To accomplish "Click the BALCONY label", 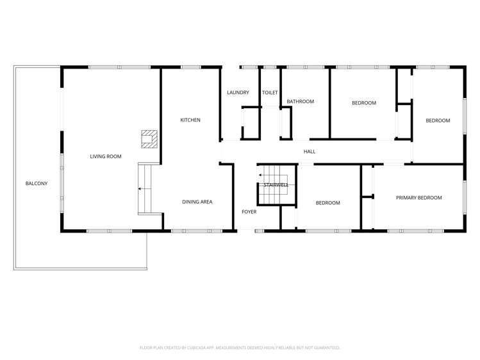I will tap(37, 184).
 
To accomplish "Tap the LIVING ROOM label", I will tap(105, 156).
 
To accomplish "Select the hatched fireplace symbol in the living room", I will tap(149, 139).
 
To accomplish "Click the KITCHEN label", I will tap(190, 120).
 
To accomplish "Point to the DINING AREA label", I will tap(197, 202).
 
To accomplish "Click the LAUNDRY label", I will tap(238, 93).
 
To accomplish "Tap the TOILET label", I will tap(270, 93).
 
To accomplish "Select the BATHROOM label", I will tap(300, 102).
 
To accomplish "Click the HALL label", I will tap(310, 152).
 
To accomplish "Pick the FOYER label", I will tap(249, 212).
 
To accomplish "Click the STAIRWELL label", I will tap(276, 185).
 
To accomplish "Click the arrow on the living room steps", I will tap(141, 189).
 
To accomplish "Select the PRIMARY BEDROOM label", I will tap(418, 198).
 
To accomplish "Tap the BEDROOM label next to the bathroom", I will tap(364, 103).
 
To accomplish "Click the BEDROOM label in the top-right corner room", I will tap(438, 120).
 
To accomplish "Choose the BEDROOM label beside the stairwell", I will tap(327, 203).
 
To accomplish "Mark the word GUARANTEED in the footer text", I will tap(325, 348).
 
